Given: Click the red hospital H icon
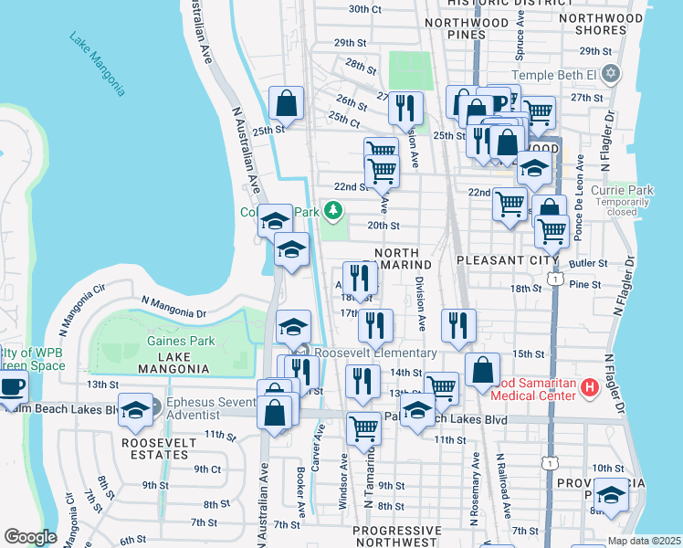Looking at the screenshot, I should [589, 388].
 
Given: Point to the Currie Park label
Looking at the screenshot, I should [622, 191].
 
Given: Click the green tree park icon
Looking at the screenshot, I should [334, 211].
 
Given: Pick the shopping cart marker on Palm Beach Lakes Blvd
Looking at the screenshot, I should [364, 428].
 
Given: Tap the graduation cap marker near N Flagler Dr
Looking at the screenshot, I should [610, 496].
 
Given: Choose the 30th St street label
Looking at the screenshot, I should [364, 9].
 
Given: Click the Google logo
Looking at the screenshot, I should [30, 537].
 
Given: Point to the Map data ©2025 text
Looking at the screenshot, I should [645, 541].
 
